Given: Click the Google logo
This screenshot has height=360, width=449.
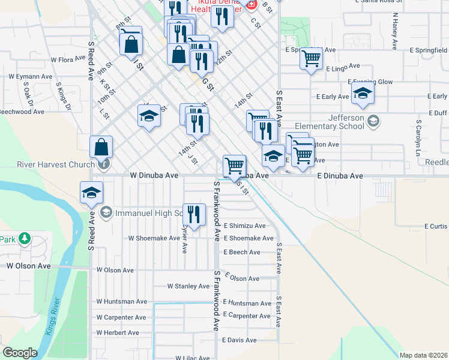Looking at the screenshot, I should [20, 353].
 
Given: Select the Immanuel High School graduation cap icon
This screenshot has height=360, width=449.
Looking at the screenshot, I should [106, 212].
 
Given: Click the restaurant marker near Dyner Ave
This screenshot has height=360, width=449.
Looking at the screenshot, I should [194, 214].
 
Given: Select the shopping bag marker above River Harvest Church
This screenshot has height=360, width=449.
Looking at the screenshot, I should [101, 148].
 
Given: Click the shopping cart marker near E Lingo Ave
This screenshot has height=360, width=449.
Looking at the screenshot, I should [312, 59].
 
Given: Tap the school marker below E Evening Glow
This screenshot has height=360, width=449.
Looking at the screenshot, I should [363, 93].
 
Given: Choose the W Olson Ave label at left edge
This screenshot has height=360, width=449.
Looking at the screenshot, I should [29, 265].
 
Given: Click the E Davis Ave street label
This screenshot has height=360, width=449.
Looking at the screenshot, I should [239, 340].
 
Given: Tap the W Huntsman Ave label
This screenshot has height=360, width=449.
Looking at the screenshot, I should [122, 302].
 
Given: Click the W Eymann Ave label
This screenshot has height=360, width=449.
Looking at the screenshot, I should [31, 77].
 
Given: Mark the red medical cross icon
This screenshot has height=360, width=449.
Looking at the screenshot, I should [251, 5].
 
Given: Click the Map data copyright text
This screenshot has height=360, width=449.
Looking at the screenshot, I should [423, 355].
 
